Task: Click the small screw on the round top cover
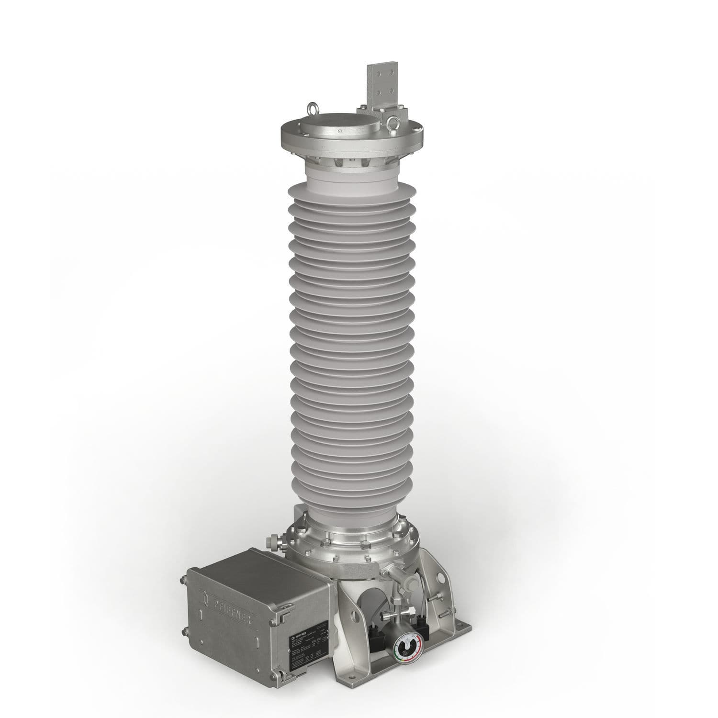coord(339,132)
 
